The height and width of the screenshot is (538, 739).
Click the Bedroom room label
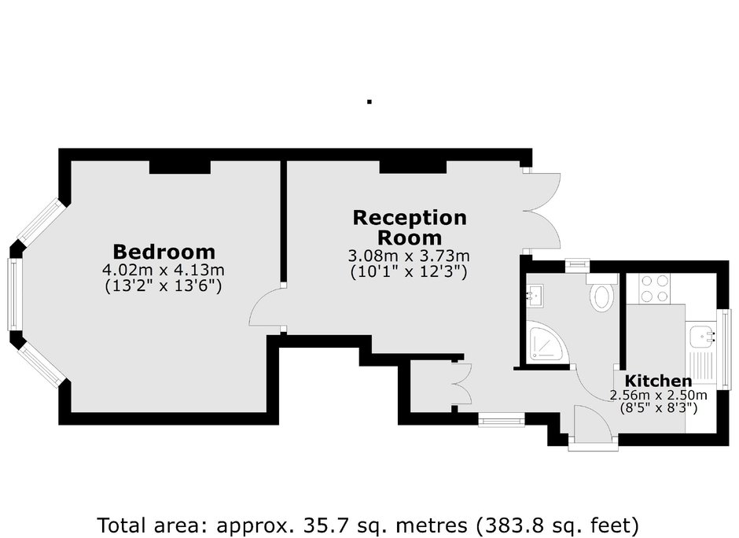[164, 252]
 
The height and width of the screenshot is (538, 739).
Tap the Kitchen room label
[658, 381]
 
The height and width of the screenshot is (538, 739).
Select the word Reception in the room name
[410, 217]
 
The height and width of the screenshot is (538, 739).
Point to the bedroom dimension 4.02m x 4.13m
[164, 270]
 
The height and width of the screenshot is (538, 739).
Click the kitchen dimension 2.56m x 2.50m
[658, 395]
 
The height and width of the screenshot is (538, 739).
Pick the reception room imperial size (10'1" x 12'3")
[409, 272]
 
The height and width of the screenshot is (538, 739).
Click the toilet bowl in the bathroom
[601, 294]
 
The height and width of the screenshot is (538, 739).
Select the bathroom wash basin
[535, 296]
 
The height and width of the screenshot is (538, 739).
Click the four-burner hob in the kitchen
[655, 289]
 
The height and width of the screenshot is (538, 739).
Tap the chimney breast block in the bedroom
[179, 167]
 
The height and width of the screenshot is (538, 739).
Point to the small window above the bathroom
[577, 264]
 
